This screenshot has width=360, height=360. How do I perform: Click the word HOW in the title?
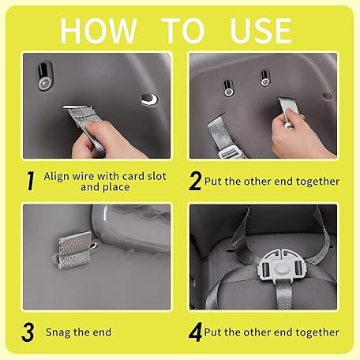pos(99,31)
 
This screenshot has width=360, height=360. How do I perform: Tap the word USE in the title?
pos(261,31)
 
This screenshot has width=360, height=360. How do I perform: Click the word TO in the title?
pos(183,31)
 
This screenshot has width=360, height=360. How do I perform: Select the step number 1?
pos(31,181)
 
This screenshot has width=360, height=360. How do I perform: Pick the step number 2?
pos(195,181)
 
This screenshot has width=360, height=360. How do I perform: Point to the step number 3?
pos(28,332)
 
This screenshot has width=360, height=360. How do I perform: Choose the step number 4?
pos(196,332)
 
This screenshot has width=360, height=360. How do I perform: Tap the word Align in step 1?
pos(57,177)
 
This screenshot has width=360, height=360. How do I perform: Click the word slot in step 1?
pos(157,176)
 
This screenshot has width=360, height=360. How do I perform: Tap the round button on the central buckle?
pos(281,268)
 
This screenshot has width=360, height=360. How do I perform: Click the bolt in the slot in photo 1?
pos(43,84)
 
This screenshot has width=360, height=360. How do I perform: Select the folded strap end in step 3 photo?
pos(75,250)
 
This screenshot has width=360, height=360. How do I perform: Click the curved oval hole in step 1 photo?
pos(150,99)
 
